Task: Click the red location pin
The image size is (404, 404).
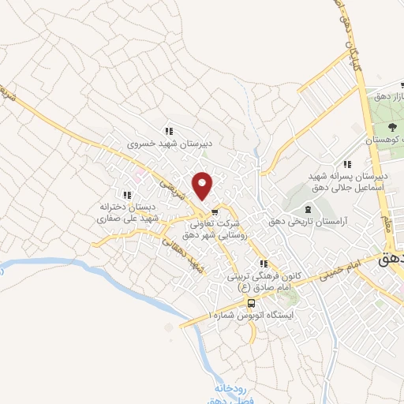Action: click(x=204, y=185)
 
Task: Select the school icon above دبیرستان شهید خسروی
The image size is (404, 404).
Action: click(x=167, y=132)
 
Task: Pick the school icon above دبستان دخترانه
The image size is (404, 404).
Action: click(x=126, y=195)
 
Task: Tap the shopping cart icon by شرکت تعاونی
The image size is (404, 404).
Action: click(x=214, y=211)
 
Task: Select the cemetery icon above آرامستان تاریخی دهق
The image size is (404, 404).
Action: click(x=308, y=209)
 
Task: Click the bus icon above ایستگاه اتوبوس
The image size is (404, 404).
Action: click(x=251, y=303)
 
